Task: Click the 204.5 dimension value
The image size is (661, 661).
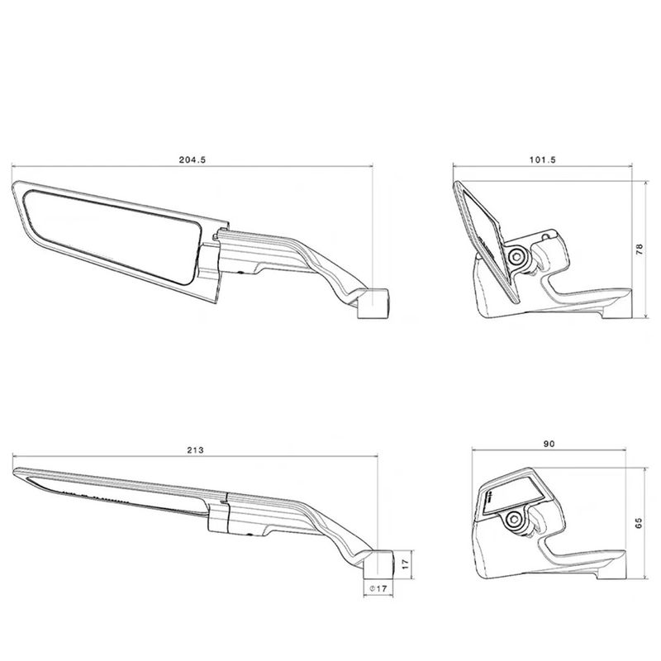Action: point(193,159)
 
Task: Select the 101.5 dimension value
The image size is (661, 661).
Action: point(543,159)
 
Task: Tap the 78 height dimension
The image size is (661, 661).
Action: point(640,250)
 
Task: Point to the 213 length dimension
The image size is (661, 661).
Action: point(195,449)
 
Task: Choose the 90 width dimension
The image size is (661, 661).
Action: point(549,444)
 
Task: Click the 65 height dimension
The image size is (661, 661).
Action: point(639,523)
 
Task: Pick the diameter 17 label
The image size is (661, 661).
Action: point(378,588)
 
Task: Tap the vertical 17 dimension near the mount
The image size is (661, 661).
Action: point(406,564)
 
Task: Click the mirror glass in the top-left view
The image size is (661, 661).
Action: point(112,236)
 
